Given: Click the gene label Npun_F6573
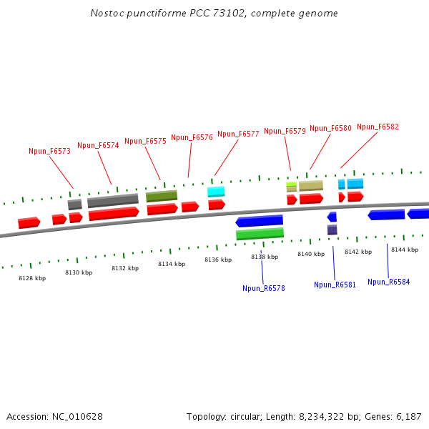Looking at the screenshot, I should click(x=49, y=151).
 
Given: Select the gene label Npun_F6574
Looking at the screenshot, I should click(x=98, y=145).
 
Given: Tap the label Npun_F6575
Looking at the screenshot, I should click(x=145, y=141).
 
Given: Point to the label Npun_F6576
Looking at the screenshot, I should click(x=192, y=137).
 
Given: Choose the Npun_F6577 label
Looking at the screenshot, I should click(x=238, y=134).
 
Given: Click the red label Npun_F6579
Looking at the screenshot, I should click(x=285, y=131).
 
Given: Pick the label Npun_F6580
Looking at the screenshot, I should click(x=330, y=128).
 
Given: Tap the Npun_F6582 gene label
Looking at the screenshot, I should click(x=378, y=127).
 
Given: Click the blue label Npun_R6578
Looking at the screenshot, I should click(x=264, y=288).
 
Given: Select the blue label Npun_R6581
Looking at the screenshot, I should click(x=335, y=285).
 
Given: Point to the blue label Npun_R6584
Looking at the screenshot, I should click(x=389, y=282).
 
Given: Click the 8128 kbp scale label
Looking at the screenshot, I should click(x=32, y=278).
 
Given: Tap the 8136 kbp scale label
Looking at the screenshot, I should click(x=218, y=260).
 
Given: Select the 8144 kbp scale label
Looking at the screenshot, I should click(x=404, y=250).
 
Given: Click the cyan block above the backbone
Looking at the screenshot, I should click(x=216, y=192).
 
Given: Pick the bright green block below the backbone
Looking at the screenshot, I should click(x=260, y=234).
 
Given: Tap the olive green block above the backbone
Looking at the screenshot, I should click(x=162, y=195).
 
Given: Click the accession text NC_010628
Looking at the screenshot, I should click(x=79, y=416).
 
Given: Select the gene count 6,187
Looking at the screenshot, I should click(x=408, y=416).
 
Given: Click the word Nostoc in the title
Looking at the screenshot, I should click(x=106, y=14).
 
